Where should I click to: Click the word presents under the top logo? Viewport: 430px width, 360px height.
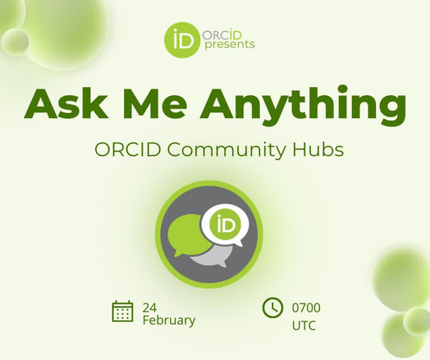[227, 44]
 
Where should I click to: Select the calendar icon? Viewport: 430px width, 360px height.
[122, 311]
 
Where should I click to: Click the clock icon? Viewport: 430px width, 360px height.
[272, 308]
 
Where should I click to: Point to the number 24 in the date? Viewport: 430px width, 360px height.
[149, 307]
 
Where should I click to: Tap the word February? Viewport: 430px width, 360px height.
[169, 320]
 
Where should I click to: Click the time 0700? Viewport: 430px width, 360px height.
[306, 308]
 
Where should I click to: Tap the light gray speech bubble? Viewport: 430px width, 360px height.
[212, 258]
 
